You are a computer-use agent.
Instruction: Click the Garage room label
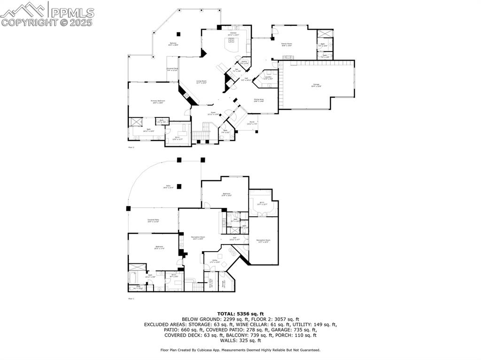(317, 85)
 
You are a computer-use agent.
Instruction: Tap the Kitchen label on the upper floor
(233, 34)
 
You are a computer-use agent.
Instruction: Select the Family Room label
(287, 45)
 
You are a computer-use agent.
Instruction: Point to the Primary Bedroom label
(156, 101)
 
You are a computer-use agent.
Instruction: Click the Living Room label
(201, 82)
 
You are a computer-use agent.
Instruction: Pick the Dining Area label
(259, 100)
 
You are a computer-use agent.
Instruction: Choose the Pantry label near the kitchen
(244, 62)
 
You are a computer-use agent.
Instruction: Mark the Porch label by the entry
(252, 123)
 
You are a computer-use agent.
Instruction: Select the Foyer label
(213, 113)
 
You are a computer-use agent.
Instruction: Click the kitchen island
(232, 46)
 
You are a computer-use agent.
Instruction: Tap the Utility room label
(215, 261)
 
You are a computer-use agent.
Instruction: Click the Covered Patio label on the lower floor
(153, 220)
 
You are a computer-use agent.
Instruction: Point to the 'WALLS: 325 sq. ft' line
(240, 340)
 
